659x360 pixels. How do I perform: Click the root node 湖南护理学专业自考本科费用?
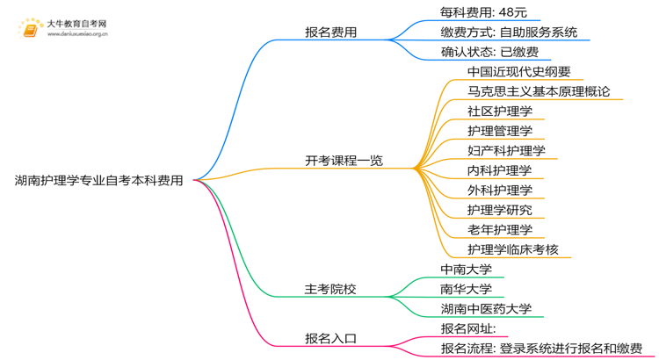coord(99,181)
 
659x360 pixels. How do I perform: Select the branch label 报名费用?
coord(330,32)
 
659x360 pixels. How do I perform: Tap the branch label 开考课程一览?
coord(344,161)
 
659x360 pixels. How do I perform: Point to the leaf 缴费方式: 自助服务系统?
coord(509,32)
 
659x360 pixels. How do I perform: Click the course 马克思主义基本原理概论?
coord(539,91)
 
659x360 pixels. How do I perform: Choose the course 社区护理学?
coord(500,112)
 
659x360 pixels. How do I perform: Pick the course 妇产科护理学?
coord(506,150)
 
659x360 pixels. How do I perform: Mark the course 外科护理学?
coord(500,190)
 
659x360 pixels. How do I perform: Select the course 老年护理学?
coord(500,229)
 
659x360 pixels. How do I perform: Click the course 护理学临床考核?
coord(512,249)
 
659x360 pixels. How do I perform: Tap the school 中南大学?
coord(466,269)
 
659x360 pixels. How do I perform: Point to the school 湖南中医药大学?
coord(486,309)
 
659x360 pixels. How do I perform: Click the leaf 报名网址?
coord(468,328)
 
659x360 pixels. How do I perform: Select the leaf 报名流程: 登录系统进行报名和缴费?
coord(541,349)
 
